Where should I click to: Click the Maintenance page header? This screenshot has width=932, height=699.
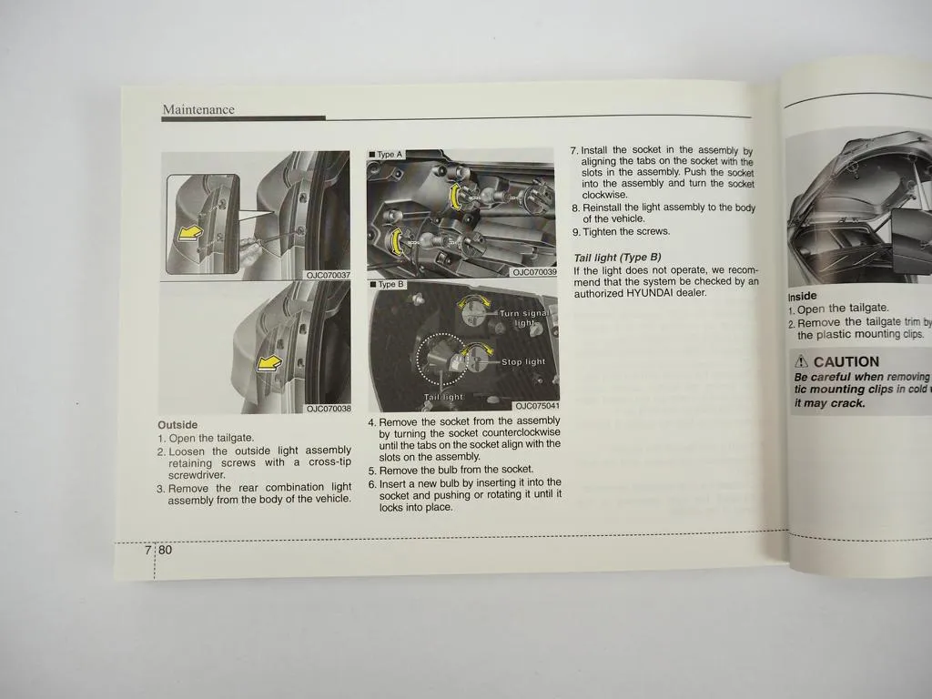click(x=198, y=110)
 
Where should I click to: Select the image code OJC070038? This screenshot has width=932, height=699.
click(x=328, y=409)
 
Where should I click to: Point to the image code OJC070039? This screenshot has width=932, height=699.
click(x=534, y=271)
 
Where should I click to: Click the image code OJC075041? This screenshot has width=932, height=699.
click(x=536, y=406)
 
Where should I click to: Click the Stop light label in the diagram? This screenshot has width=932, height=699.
click(x=523, y=362)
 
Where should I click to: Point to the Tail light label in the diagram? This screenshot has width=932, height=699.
click(x=443, y=397)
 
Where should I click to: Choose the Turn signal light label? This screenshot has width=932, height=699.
click(x=523, y=318)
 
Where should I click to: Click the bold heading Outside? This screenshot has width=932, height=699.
click(x=177, y=425)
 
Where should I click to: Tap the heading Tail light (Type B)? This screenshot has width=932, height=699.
click(x=617, y=258)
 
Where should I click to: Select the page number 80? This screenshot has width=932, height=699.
click(x=165, y=551)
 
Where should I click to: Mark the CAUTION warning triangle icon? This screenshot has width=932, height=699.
click(x=801, y=361)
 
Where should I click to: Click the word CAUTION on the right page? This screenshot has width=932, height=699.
click(x=846, y=361)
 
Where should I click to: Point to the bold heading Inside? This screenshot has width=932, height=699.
click(x=803, y=296)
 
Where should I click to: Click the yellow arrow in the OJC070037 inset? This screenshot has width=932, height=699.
click(x=189, y=235)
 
